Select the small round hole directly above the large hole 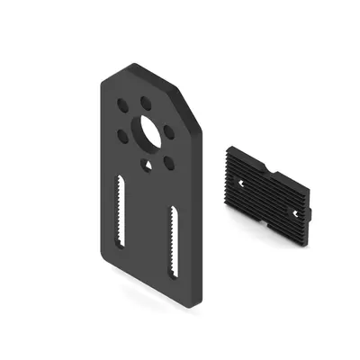(x=146, y=101)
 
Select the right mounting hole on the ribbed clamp (x=295, y=212)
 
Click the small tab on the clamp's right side (x=312, y=208)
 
